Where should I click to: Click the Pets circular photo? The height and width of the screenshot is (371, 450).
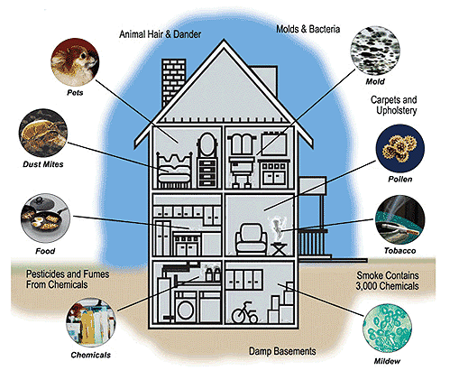click(x=75, y=62)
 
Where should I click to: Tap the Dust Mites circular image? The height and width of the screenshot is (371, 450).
click(x=43, y=134)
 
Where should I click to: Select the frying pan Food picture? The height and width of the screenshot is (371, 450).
click(x=45, y=218)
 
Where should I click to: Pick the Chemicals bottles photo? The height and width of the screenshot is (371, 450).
click(x=91, y=323)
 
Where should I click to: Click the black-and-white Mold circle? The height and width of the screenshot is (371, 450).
click(x=375, y=51)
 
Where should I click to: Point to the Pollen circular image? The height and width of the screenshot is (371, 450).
click(x=400, y=149)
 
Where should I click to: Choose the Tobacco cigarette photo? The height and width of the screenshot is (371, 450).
click(x=400, y=219)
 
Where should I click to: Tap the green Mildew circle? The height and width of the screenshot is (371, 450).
click(x=387, y=329)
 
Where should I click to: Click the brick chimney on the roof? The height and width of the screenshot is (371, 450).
click(x=173, y=83)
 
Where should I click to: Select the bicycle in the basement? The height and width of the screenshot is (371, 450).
click(x=245, y=313)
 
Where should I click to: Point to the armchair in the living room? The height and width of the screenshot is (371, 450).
click(x=251, y=239)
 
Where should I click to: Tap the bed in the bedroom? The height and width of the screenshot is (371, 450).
click(x=174, y=170)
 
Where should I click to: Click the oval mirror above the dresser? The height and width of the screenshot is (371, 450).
click(x=207, y=144)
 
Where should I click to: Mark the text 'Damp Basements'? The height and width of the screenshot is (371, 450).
click(x=282, y=351)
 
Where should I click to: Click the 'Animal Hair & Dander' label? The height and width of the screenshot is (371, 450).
click(x=161, y=34)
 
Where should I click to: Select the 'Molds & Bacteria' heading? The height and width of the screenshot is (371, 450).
click(x=308, y=29)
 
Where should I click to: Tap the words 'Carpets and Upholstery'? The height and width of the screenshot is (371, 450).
click(x=394, y=105)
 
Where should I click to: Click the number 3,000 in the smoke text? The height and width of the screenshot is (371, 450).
click(x=366, y=286)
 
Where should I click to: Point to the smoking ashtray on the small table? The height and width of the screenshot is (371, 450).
click(x=278, y=230)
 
